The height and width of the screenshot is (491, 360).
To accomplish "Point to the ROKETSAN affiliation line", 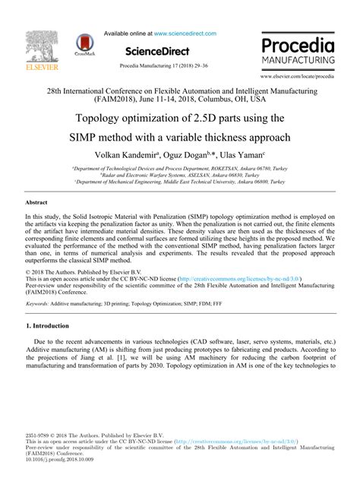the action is point(180,172).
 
